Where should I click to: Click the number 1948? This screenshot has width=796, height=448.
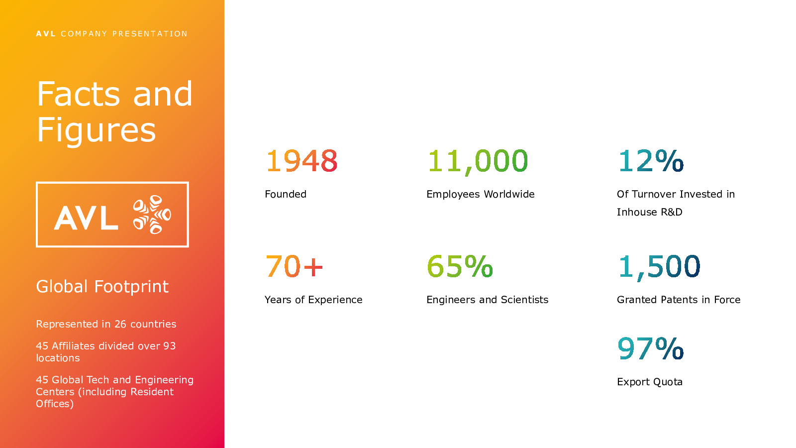[301, 161]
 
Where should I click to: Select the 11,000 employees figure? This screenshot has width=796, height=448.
[478, 162]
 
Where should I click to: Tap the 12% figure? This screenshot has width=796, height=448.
[651, 161]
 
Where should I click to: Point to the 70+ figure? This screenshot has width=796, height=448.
[294, 266]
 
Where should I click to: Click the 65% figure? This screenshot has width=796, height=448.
[460, 266]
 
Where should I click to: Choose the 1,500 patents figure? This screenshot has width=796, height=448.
[659, 267]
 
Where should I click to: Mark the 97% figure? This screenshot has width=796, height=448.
[651, 348]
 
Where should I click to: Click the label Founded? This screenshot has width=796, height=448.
[286, 194]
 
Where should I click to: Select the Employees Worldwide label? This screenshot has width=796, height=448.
[481, 195]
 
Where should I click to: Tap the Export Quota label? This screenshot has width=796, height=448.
[650, 382]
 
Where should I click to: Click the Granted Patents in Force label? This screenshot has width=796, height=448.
[679, 300]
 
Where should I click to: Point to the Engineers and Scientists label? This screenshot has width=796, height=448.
[487, 300]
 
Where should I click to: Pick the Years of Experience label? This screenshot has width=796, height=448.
[313, 300]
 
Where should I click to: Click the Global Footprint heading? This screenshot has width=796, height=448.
[102, 287]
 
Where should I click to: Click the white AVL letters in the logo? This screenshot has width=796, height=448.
[86, 218]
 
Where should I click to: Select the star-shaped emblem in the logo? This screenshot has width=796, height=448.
[152, 215]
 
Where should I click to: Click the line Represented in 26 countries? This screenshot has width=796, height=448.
[106, 324]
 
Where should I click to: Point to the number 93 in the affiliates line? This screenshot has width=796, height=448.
[170, 346]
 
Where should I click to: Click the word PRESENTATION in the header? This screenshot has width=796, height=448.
[150, 34]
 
